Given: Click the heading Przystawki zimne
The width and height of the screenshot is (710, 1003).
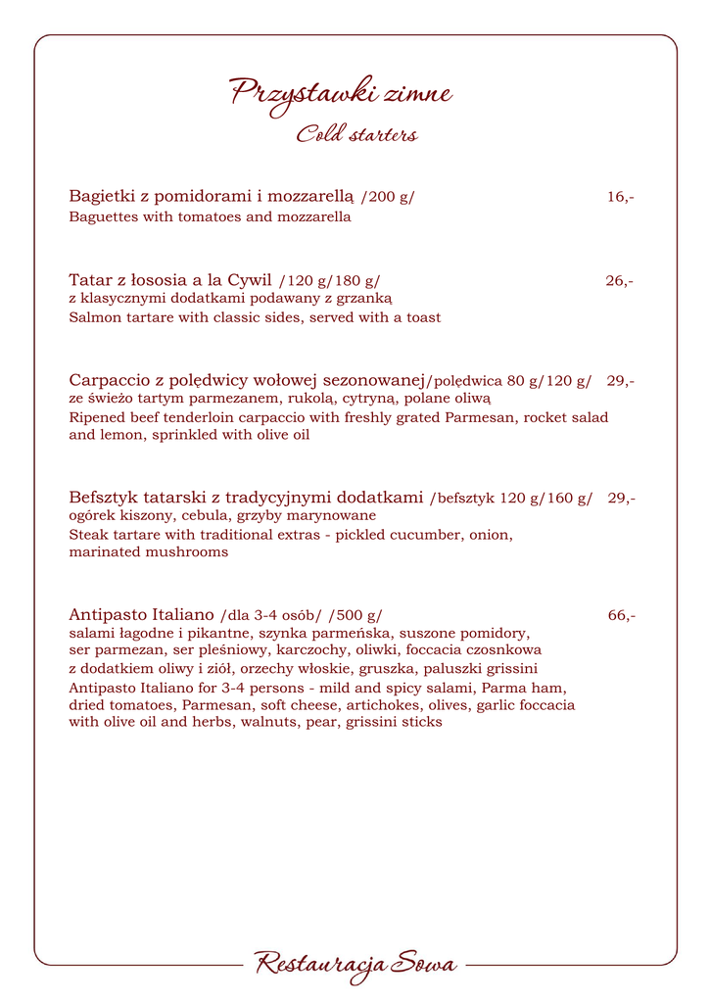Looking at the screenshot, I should pyautogui.click(x=341, y=94).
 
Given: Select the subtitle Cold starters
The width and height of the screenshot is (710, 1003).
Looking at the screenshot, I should pyautogui.click(x=357, y=134).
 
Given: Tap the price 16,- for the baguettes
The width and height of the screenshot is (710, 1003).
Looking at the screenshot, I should pyautogui.click(x=620, y=197).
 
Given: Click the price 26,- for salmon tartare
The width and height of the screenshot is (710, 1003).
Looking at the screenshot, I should pyautogui.click(x=619, y=281).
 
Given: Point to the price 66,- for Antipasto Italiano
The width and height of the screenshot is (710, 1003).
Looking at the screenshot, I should pyautogui.click(x=621, y=616).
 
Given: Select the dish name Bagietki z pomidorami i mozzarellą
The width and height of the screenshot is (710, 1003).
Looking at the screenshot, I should pyautogui.click(x=211, y=197).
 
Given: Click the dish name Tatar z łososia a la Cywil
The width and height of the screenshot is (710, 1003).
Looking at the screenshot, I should pyautogui.click(x=170, y=281).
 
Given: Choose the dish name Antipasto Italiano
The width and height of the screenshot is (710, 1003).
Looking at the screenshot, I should pyautogui.click(x=141, y=616).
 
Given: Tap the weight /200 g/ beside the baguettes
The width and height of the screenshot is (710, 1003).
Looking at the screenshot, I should pyautogui.click(x=388, y=198).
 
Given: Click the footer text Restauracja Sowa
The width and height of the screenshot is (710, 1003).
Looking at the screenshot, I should pyautogui.click(x=355, y=965).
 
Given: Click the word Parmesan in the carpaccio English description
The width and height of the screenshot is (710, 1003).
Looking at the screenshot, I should pyautogui.click(x=480, y=417).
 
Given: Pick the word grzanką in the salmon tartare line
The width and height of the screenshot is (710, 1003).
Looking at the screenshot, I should pyautogui.click(x=364, y=299).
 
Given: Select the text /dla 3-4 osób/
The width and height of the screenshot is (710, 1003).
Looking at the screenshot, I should pyautogui.click(x=271, y=617).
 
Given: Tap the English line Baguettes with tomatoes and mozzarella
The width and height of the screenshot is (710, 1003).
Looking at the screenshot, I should pyautogui.click(x=210, y=217).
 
